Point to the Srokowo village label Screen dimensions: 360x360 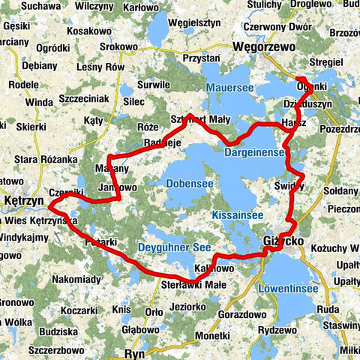coord(119,46)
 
